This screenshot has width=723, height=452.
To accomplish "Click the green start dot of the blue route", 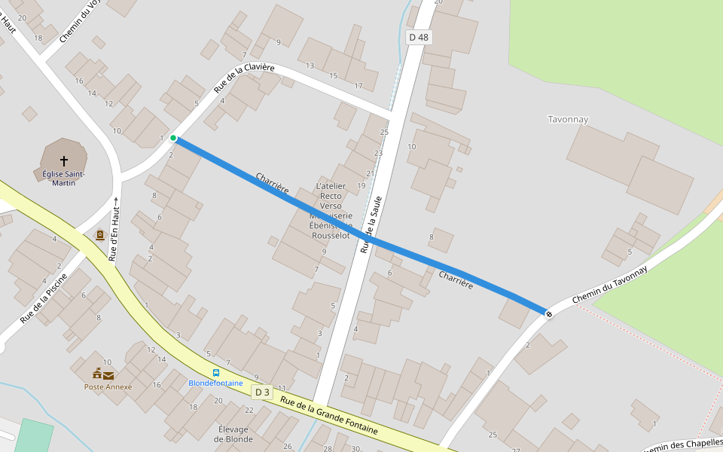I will click(x=173, y=138).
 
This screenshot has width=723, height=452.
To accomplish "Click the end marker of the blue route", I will click(x=549, y=313).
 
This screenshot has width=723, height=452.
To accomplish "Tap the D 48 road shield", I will click(x=419, y=37).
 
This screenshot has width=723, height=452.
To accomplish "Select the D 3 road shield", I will click(x=262, y=392).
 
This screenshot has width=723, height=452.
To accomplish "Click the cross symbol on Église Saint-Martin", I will click(x=64, y=160).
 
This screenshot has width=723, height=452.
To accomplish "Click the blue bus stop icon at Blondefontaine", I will click(x=216, y=372).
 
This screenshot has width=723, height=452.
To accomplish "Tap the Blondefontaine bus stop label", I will click(x=216, y=383).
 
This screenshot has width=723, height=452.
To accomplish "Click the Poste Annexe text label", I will click(x=108, y=387).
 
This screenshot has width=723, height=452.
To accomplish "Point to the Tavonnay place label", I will click(x=568, y=119).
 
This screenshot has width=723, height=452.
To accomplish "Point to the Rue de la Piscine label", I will click(x=44, y=298).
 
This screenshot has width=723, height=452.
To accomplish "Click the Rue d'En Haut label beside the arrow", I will click(x=114, y=234).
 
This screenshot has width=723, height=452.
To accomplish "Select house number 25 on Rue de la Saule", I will click(x=384, y=133).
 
